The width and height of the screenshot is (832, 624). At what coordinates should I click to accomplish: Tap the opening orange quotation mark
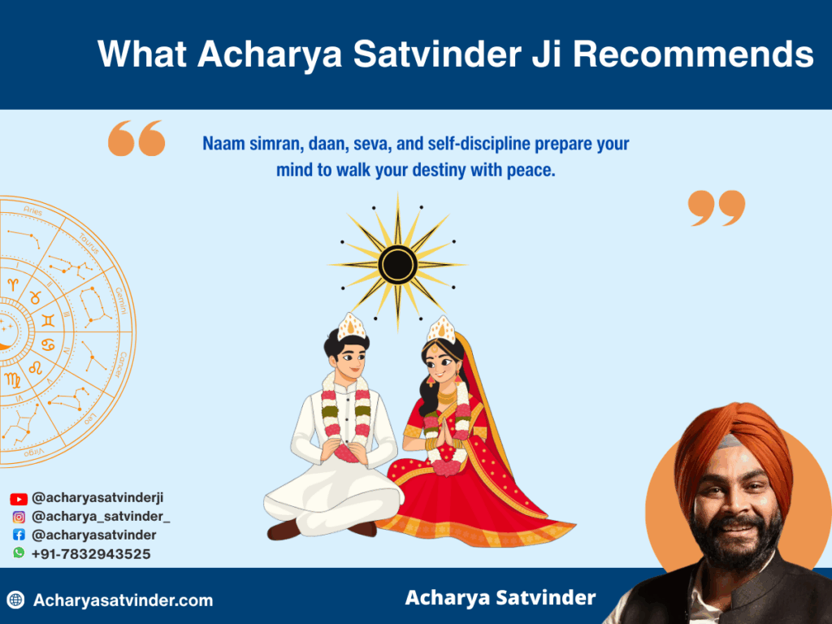(136, 138)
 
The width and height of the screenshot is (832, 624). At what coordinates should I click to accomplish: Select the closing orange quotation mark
(716, 208)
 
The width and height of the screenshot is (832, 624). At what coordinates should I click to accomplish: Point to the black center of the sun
(397, 265)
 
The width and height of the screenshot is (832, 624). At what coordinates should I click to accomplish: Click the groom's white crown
(352, 327)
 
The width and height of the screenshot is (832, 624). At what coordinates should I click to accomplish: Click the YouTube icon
(19, 499)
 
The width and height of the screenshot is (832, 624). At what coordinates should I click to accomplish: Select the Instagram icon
(19, 517)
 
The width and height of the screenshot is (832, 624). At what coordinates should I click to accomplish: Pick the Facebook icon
(19, 535)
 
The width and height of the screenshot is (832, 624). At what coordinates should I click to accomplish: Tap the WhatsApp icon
(19, 552)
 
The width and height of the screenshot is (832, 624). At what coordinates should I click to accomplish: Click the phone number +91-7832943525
(91, 554)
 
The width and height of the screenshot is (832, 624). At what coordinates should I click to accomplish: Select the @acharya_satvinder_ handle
(101, 517)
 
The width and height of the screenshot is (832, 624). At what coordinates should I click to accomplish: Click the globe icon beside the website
(15, 600)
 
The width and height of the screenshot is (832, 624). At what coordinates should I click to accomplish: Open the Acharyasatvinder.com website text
(123, 601)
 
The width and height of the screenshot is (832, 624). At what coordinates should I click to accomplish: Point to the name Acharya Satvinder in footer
(500, 598)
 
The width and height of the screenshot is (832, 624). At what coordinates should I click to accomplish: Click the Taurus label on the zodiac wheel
(89, 241)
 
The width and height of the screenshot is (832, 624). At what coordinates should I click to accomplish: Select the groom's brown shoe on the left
(284, 531)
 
